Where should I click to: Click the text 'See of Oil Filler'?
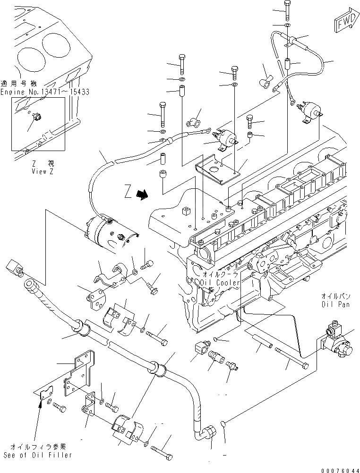click(38, 455)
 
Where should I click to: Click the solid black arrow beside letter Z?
click(141, 194)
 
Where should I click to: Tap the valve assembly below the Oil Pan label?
click(338, 341)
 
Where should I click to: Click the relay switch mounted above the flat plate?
click(226, 137)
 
